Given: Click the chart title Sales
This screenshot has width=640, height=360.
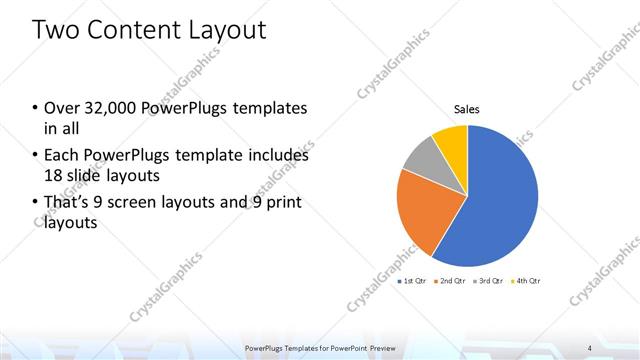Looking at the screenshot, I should click(x=467, y=108).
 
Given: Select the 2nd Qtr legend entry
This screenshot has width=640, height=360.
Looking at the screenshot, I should click(x=452, y=282).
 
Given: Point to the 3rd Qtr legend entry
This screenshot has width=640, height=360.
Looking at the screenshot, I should click(x=490, y=282).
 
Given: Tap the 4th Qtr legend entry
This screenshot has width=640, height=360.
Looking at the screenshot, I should click(x=528, y=282).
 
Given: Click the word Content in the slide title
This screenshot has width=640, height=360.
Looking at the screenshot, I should click(x=129, y=30).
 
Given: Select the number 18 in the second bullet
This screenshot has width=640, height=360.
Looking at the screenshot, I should click(x=53, y=175).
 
